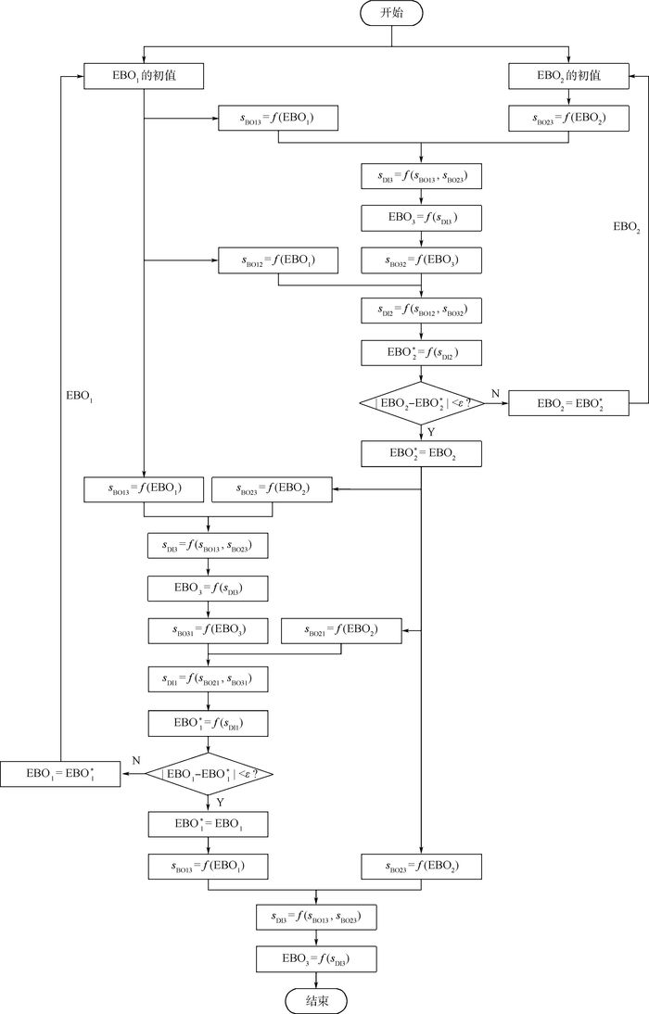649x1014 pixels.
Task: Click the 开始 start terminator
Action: point(392,13)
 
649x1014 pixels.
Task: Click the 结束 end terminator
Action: point(316,1000)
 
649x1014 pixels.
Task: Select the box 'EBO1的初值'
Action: point(144,76)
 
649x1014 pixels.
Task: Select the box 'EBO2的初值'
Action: point(569,76)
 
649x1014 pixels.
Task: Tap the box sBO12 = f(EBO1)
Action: point(278,261)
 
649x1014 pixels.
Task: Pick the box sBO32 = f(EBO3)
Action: point(422,261)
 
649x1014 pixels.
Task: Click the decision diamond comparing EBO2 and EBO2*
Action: point(422,404)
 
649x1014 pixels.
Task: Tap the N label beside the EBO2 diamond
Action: point(494,394)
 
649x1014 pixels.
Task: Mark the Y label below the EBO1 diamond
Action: point(221,800)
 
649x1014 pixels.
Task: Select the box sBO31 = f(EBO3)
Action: point(207,631)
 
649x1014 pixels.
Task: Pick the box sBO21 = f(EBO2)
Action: point(342,631)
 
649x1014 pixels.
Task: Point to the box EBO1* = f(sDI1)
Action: point(207,723)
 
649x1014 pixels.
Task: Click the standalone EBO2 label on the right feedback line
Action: point(627,225)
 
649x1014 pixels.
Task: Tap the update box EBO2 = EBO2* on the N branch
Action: point(569,404)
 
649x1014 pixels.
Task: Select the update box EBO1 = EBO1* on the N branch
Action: point(60,773)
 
